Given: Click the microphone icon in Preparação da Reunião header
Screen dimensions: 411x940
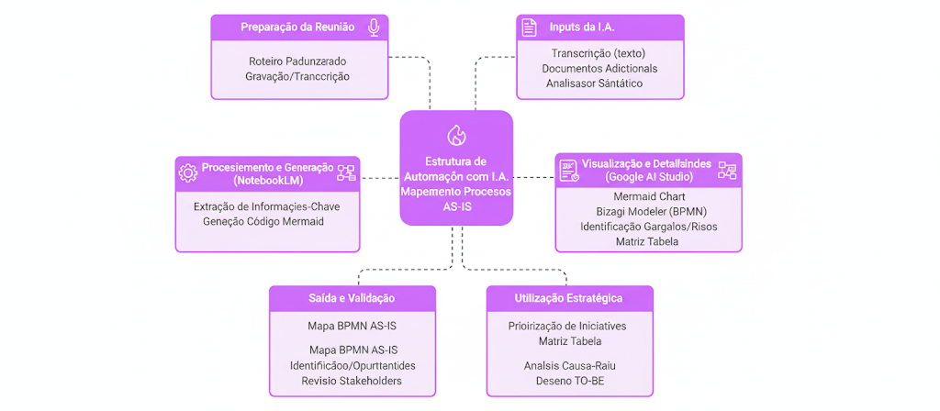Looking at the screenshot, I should (374, 28).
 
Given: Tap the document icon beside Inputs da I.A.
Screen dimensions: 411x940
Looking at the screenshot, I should (529, 28).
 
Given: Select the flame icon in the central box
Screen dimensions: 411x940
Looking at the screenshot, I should (456, 136).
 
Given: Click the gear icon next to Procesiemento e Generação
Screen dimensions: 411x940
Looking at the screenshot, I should (188, 172).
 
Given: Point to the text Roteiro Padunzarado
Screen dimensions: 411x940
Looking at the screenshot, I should (297, 61).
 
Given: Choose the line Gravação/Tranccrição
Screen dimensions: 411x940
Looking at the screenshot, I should (297, 76).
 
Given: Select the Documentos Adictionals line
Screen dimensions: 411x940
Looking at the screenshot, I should (599, 69).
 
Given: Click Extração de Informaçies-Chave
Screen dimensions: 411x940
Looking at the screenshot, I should (267, 206).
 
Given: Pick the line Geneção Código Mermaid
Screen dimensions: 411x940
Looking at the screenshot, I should (267, 222).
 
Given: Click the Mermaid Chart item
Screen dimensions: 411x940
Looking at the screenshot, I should (648, 196).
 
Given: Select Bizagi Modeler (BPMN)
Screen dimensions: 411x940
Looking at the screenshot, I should (648, 211).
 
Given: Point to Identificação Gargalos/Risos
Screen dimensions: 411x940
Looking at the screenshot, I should (648, 227).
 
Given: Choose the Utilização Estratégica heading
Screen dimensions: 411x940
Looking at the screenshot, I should (569, 298).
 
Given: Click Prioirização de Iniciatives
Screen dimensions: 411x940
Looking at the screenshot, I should (569, 326).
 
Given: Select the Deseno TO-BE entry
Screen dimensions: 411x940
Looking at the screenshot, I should (569, 381).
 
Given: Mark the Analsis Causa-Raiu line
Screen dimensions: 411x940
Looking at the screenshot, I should (569, 365).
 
